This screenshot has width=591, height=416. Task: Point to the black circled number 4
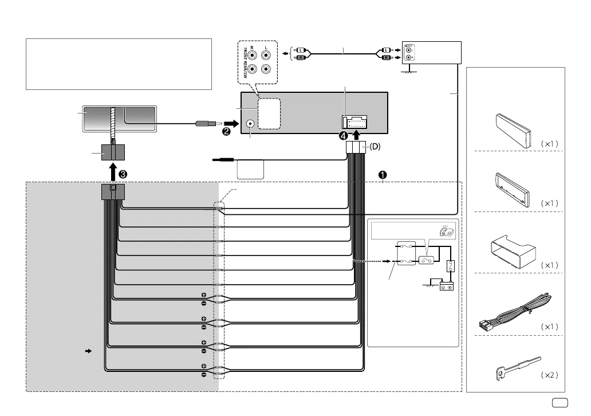[x=344, y=136]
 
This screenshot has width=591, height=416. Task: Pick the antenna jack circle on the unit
[x=250, y=123]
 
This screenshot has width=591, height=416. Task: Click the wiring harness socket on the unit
[x=355, y=121]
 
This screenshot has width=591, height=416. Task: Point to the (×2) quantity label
[x=549, y=375]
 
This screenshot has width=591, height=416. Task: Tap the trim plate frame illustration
[x=514, y=187]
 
